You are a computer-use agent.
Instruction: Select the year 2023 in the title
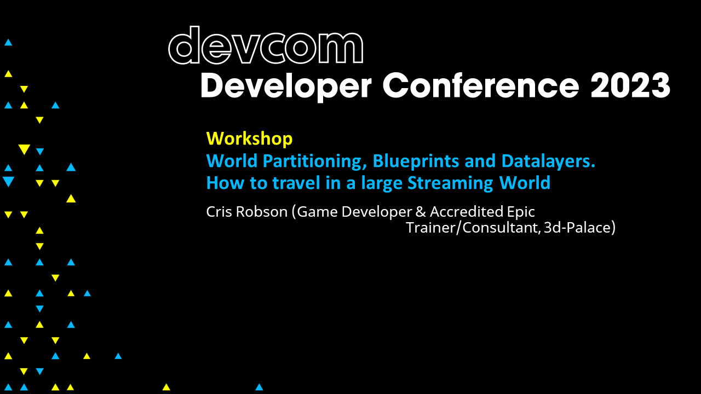click(630, 86)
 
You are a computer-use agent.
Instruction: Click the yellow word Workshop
click(249, 138)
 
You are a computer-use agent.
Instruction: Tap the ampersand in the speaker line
click(421, 212)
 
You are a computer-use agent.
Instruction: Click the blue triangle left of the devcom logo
click(8, 42)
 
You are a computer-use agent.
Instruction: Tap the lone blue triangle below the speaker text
click(259, 387)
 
